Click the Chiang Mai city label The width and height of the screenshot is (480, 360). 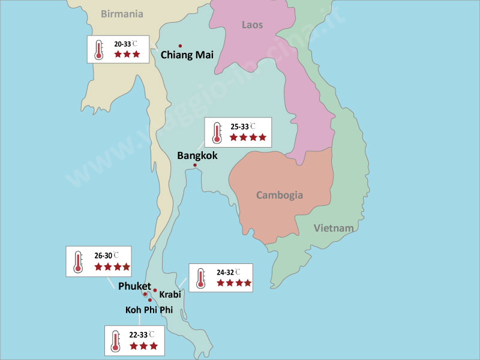coord(187,55)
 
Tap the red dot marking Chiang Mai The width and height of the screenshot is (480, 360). coord(180,45)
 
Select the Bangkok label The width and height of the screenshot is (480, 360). coord(197,155)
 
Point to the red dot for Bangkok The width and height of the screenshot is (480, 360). coord(195,165)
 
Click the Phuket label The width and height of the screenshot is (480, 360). coord(134,286)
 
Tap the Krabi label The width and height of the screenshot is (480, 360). coord(170,295)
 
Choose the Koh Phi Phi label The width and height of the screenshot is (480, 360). coord(153,310)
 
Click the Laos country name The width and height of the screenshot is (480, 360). coord(252,25)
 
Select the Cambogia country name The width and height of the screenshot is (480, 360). coord(280,195)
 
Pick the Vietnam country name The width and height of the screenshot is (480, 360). coord(334,228)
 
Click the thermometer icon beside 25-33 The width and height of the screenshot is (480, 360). coord(217,132)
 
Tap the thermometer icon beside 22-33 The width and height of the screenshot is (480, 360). coord(115,340)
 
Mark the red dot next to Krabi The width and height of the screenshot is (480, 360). coord(155,290)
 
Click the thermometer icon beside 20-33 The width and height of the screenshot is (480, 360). coord(99,49)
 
